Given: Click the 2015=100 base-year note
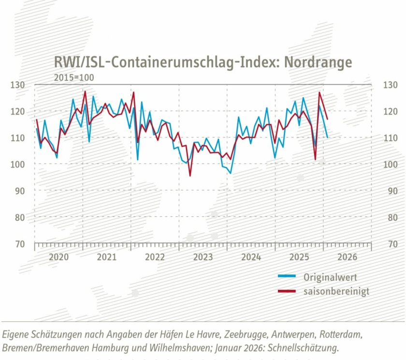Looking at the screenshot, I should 74,77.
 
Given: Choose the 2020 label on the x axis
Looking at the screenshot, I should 58,257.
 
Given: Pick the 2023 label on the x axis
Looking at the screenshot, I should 203,257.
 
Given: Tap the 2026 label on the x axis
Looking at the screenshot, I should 347,257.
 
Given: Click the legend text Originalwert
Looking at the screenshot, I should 330,277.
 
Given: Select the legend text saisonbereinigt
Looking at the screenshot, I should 336,291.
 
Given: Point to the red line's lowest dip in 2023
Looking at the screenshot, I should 190,175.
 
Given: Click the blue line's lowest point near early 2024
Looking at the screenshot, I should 231,173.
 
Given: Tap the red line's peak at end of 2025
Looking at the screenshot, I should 319,92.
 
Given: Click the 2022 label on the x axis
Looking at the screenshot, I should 155,257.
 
